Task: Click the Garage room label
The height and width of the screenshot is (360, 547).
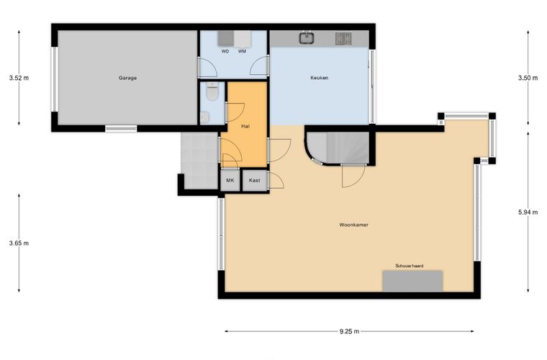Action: [x=127, y=78]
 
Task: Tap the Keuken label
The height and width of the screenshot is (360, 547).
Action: [x=319, y=78]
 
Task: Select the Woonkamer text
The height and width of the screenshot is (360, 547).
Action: [x=353, y=225]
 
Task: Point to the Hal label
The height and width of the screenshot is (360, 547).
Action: [x=245, y=126]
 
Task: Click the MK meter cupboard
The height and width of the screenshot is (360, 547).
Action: [x=230, y=180]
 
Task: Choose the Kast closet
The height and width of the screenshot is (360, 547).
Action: [x=255, y=180]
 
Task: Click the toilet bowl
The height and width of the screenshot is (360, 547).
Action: [x=212, y=92]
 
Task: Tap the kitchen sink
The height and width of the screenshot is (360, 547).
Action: [x=307, y=37]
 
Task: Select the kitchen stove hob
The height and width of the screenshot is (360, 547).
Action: [x=343, y=38]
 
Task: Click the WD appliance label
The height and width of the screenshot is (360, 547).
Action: [x=225, y=51]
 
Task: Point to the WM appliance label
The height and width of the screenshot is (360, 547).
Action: [x=242, y=51]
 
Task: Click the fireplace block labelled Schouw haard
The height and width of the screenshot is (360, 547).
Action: [x=412, y=281]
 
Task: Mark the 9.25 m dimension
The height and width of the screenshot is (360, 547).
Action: [x=349, y=331]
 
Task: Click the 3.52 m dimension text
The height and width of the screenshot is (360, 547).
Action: [x=19, y=78]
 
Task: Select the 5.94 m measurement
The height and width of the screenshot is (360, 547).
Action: [x=528, y=212]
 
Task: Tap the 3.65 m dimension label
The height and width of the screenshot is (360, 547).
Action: [x=19, y=243]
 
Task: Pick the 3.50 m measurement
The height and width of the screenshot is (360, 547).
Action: [x=528, y=78]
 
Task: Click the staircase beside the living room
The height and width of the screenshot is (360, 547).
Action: [x=338, y=147]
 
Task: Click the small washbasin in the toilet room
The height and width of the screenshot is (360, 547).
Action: [x=205, y=117]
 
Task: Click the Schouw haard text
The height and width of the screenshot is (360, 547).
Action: [x=410, y=266]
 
